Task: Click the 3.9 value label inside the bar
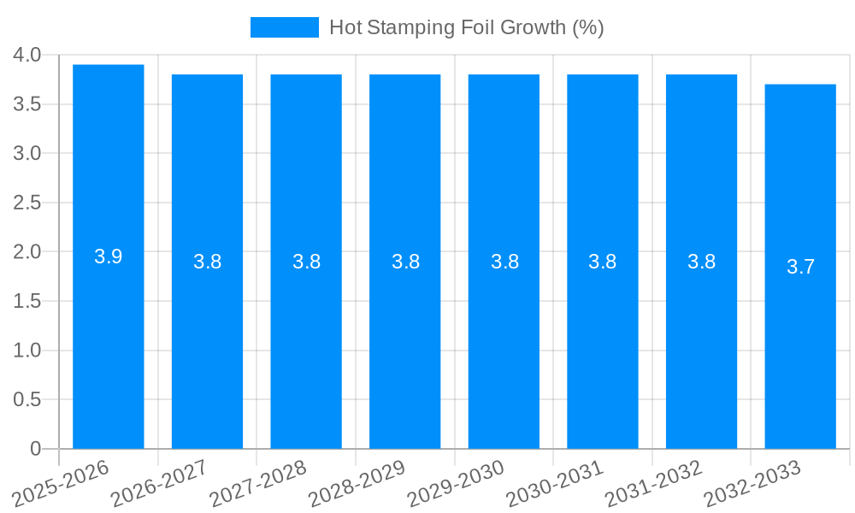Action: click(109, 256)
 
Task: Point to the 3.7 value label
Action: click(800, 267)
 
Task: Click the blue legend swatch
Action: click(284, 27)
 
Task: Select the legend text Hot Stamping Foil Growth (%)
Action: click(467, 27)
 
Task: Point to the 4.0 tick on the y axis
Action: click(27, 56)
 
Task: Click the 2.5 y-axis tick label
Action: click(27, 203)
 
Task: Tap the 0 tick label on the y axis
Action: click(35, 449)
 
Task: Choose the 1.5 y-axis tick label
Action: click(27, 301)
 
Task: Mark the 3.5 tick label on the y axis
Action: click(27, 104)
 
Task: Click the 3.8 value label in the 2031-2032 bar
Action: click(701, 262)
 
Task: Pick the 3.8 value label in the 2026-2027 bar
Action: click(207, 262)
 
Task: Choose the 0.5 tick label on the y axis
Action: click(27, 399)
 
